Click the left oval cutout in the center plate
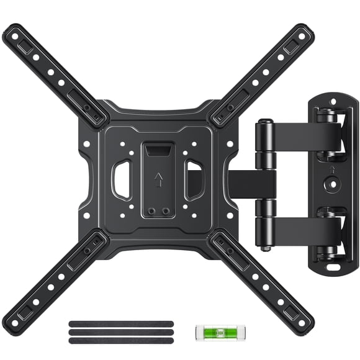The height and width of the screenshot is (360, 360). click(120, 180)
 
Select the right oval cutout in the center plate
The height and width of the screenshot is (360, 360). click(194, 181)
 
